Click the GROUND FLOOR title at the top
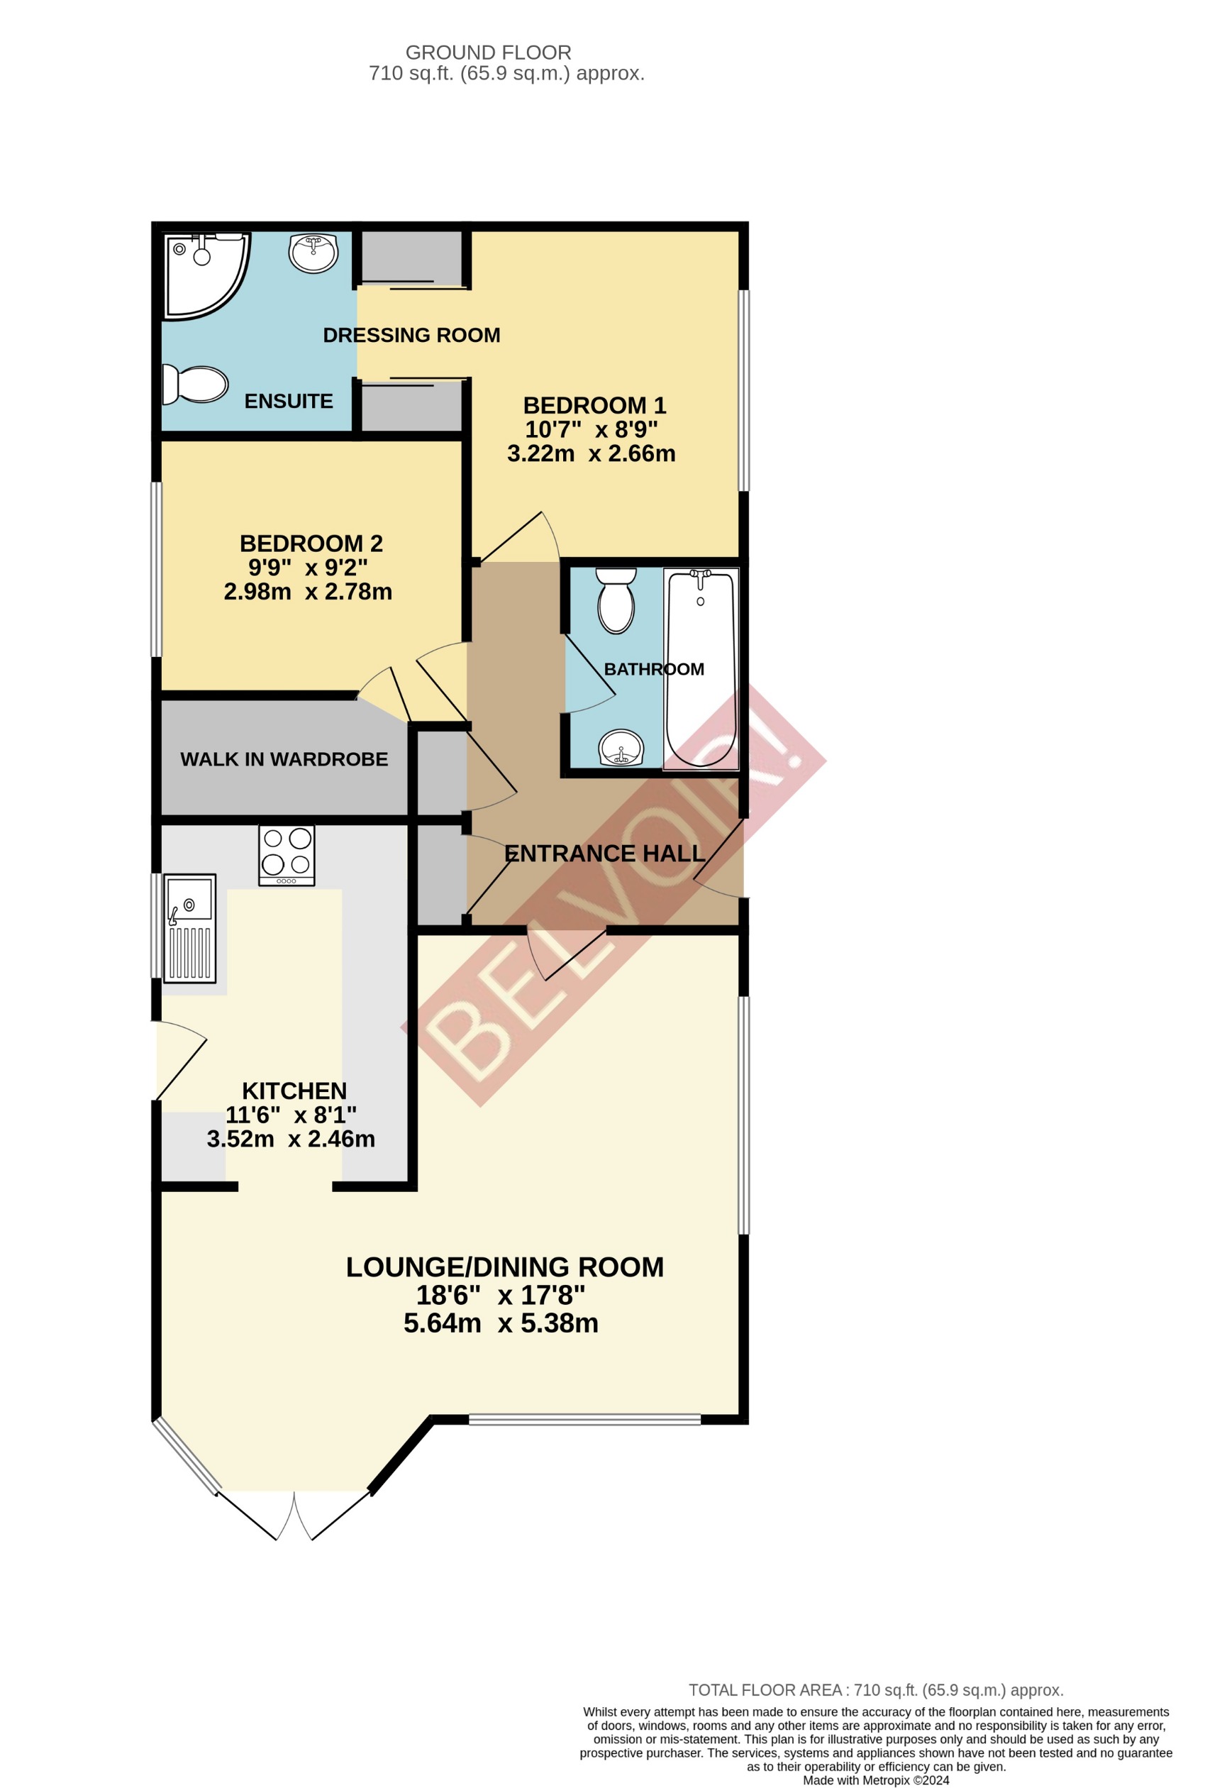(x=488, y=53)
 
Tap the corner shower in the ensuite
(x=201, y=275)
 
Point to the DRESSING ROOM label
(x=411, y=336)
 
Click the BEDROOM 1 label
(x=594, y=405)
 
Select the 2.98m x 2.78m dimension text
(x=308, y=592)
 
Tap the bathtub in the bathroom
(x=700, y=668)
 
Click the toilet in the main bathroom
(x=616, y=600)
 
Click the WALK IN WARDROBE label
(x=284, y=759)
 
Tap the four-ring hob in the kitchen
(x=286, y=856)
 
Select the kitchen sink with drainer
(x=189, y=927)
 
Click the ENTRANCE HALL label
(x=605, y=854)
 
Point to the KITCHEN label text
(x=294, y=1091)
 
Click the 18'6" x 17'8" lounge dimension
(x=500, y=1295)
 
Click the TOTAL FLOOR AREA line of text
(x=875, y=1690)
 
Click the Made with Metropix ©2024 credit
(x=875, y=1780)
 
